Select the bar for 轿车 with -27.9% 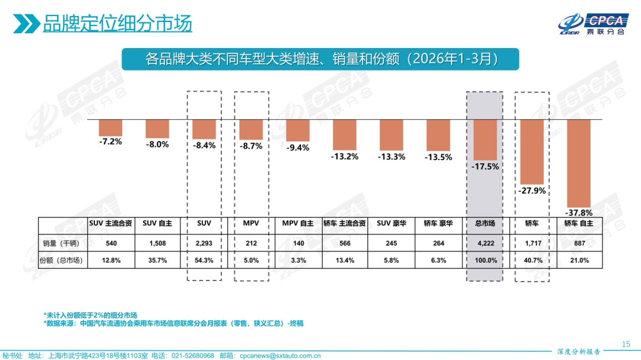click(532, 151)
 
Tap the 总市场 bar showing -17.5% click(484, 139)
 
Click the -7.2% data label click(110, 142)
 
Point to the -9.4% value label click(297, 148)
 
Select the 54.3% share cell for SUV click(204, 260)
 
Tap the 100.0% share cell click(484, 260)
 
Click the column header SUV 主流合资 click(110, 224)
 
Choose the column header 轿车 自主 click(579, 224)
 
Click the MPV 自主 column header click(297, 224)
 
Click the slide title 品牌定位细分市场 click(117, 24)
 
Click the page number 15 click(625, 343)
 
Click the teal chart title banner click(320, 59)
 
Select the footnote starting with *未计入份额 click(90, 314)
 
